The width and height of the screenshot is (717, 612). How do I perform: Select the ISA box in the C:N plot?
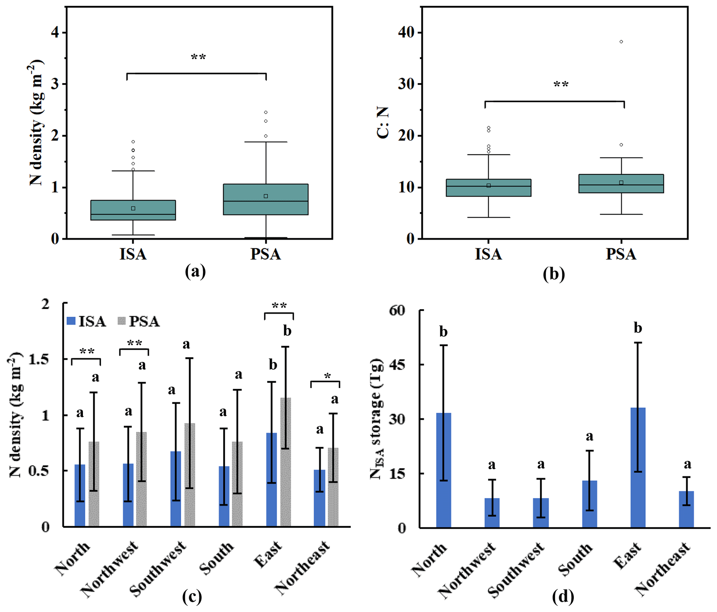pos(488,188)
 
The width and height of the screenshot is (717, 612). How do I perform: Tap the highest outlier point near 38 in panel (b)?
pos(621,42)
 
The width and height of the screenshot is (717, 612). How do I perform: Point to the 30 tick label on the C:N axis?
pos(406,84)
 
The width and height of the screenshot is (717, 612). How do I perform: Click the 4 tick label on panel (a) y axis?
pos(55,33)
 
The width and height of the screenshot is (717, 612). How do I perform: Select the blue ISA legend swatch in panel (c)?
pos(71,321)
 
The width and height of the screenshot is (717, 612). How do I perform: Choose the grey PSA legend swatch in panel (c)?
pos(121,321)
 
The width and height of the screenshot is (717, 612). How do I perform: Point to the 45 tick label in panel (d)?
pos(397,364)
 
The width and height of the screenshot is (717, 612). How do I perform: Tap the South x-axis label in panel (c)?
pos(217,558)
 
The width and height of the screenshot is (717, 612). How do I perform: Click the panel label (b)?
pos(554,274)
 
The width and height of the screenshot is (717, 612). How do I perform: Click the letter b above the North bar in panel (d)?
pos(443,332)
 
